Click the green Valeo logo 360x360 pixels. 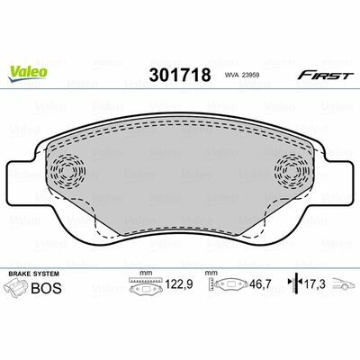[x=28, y=73]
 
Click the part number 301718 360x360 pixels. [x=180, y=75]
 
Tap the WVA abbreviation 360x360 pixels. [x=231, y=76]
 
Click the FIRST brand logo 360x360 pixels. [x=324, y=76]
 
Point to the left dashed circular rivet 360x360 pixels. [x=67, y=171]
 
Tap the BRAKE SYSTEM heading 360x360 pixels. [x=34, y=274]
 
